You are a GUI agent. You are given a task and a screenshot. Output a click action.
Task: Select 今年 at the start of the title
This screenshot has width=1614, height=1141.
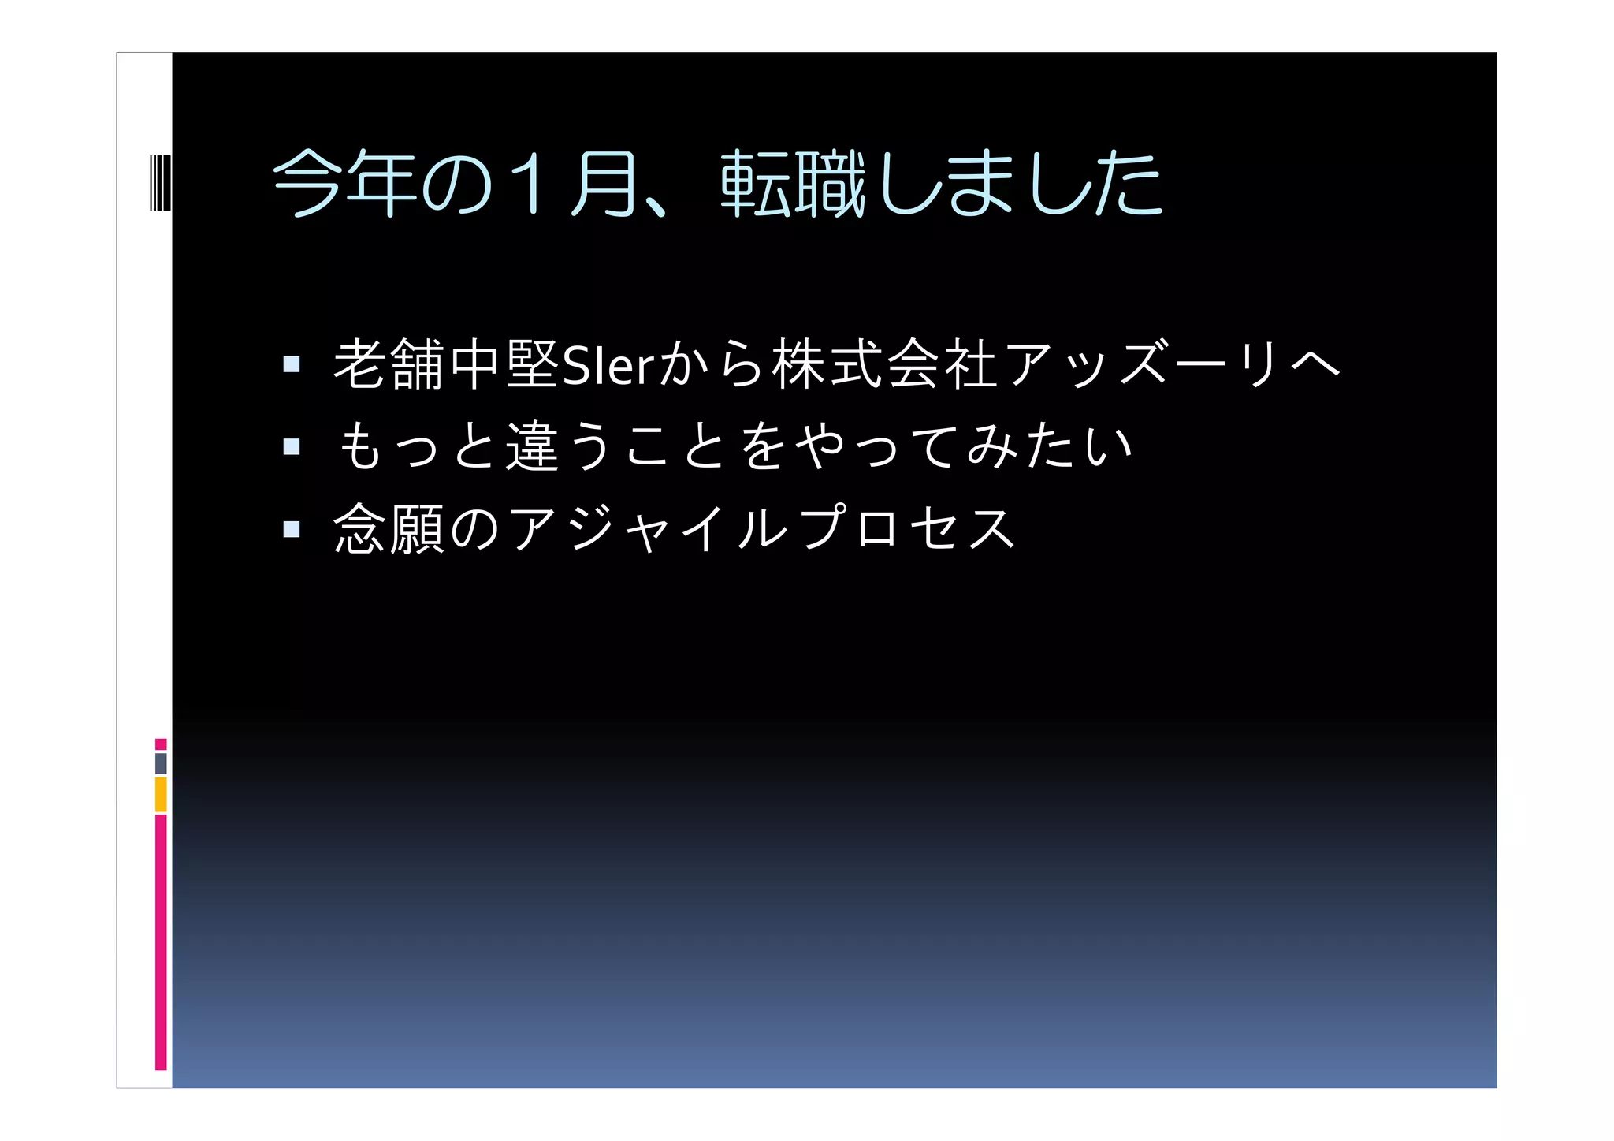344,185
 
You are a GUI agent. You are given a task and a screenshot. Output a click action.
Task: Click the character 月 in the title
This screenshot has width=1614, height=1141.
604,185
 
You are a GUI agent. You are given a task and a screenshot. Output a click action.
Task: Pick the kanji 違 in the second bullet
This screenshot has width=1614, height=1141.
533,446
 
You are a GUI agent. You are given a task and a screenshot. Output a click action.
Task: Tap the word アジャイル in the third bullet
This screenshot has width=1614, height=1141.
648,528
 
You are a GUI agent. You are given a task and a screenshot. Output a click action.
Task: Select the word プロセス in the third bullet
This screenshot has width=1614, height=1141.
906,528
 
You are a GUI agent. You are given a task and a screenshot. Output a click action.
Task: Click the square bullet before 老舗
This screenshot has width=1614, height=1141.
292,364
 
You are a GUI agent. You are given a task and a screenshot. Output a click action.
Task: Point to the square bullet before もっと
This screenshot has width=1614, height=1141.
292,447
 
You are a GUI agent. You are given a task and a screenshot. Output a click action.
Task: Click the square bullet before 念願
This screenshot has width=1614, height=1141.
292,528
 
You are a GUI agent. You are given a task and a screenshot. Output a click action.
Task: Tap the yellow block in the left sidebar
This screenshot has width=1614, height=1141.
161,794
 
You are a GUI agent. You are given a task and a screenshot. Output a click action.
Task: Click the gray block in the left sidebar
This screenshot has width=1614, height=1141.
161,763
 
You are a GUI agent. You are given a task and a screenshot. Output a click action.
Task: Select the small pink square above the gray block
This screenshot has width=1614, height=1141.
161,744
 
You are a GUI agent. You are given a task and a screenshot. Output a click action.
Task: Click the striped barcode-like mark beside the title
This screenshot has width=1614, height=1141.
160,183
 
